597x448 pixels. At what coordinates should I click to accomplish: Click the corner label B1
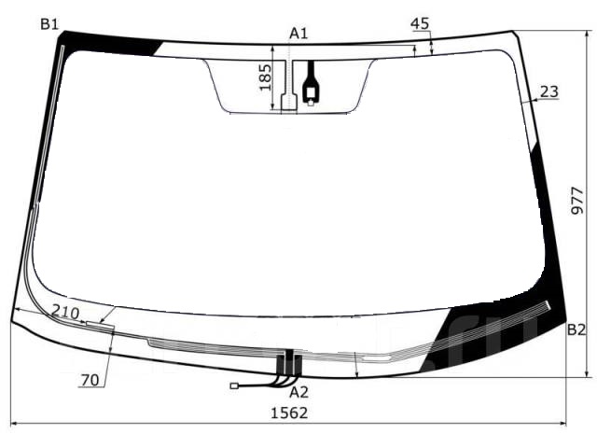pyautogui.click(x=49, y=24)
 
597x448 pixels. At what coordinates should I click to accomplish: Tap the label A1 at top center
pyautogui.click(x=298, y=34)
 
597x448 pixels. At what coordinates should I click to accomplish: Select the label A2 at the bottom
pyautogui.click(x=298, y=392)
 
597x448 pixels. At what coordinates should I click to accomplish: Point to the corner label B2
pyautogui.click(x=576, y=329)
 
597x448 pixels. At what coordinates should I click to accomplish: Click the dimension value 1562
pyautogui.click(x=289, y=413)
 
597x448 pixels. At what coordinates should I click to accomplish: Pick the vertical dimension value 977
pyautogui.click(x=577, y=201)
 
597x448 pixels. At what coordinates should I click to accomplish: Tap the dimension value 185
pyautogui.click(x=265, y=77)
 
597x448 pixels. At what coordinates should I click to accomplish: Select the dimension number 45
pyautogui.click(x=420, y=23)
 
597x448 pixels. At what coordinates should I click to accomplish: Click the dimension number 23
pyautogui.click(x=549, y=91)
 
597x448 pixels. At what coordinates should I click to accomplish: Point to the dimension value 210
pyautogui.click(x=65, y=313)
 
